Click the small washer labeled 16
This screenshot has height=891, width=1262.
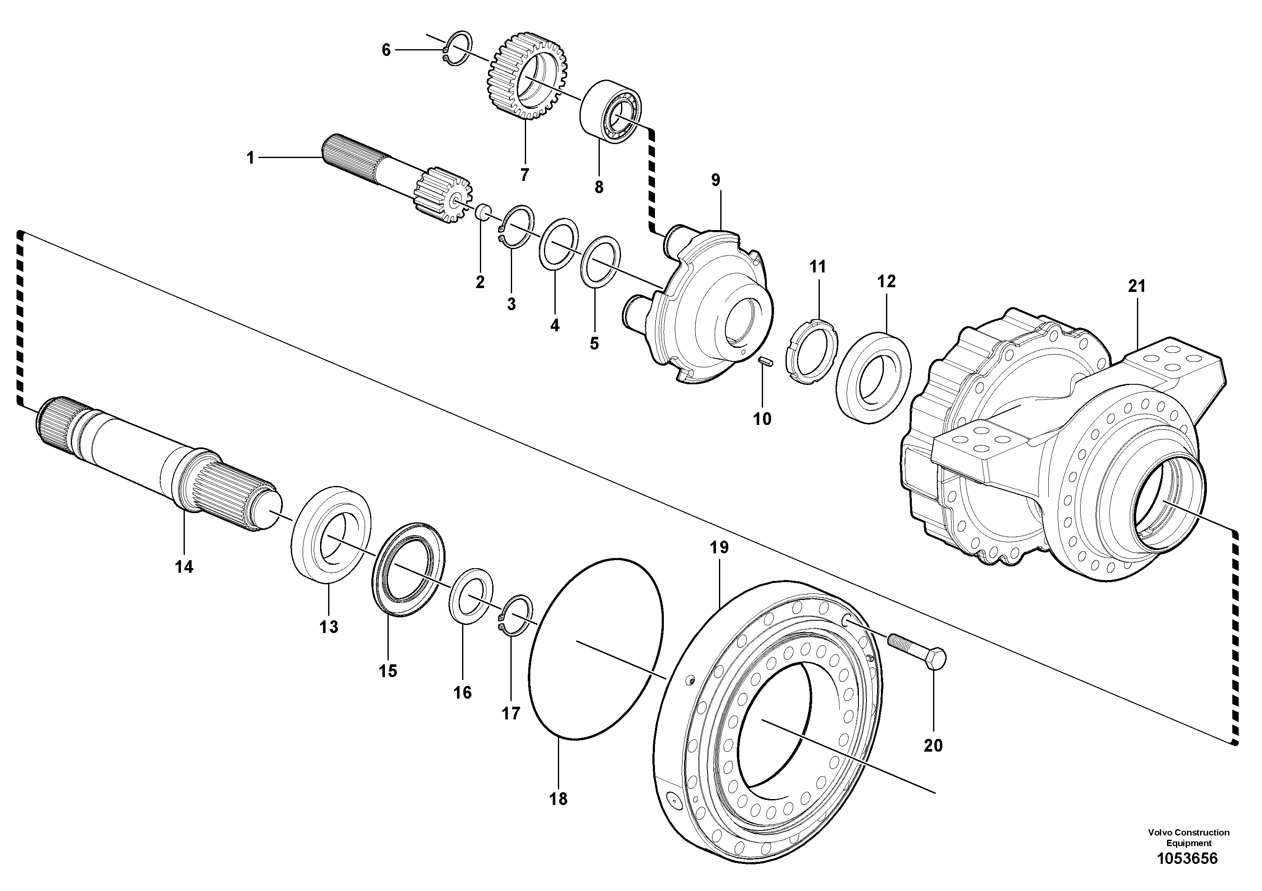471,596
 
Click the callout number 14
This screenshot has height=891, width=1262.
184,567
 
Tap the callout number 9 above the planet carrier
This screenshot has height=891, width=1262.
715,180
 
